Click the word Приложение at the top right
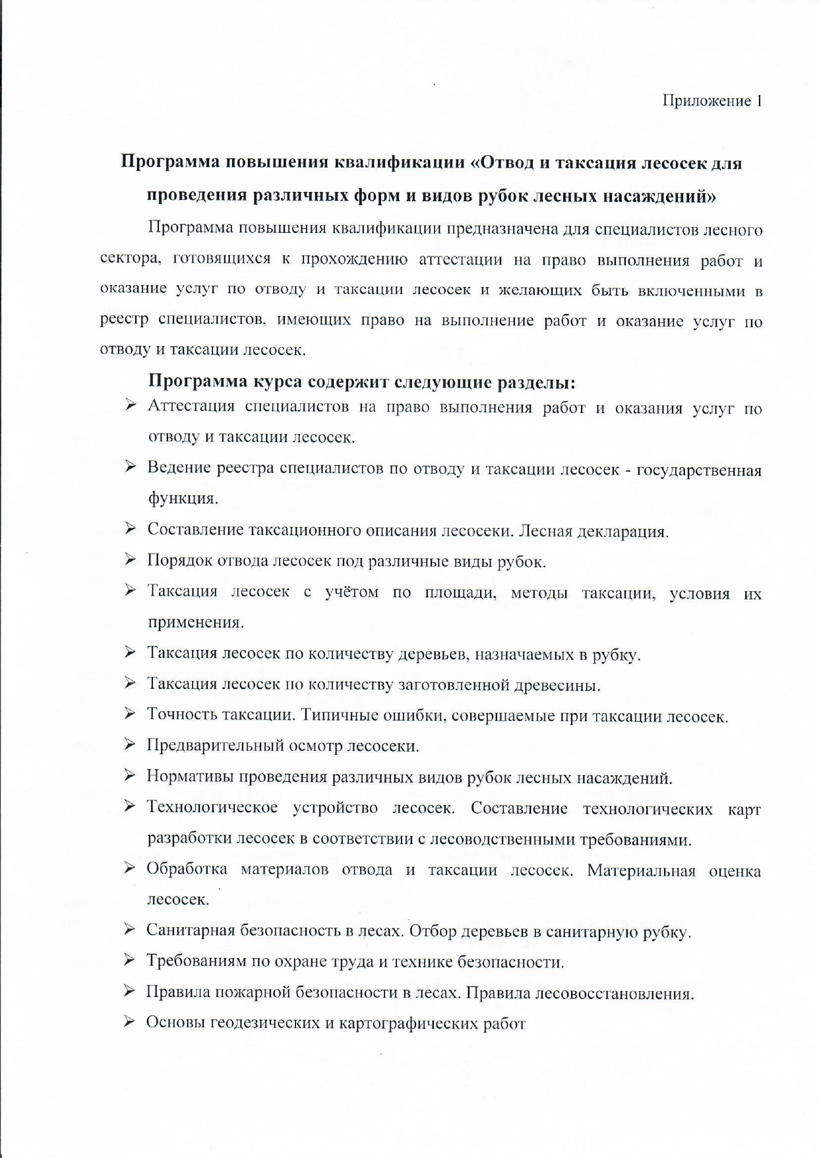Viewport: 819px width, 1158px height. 706,101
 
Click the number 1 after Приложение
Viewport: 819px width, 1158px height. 759,101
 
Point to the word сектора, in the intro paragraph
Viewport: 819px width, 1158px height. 130,259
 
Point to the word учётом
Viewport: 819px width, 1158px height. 351,592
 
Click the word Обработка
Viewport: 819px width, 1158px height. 187,869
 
